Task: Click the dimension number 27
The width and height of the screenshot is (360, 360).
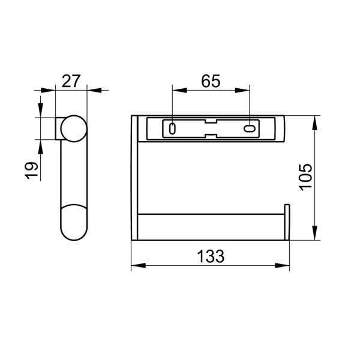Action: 71,81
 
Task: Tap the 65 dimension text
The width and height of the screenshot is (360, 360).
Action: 211,81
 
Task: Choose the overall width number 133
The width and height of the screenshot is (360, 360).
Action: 211,256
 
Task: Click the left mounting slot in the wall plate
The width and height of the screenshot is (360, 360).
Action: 173,129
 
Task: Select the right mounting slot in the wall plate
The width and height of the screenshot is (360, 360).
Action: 249,129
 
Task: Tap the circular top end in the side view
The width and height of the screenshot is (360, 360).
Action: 71,128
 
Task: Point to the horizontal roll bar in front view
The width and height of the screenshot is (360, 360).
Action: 210,227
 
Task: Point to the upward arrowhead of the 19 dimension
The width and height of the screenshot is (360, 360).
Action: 40,145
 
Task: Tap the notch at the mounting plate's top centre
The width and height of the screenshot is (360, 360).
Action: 211,120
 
